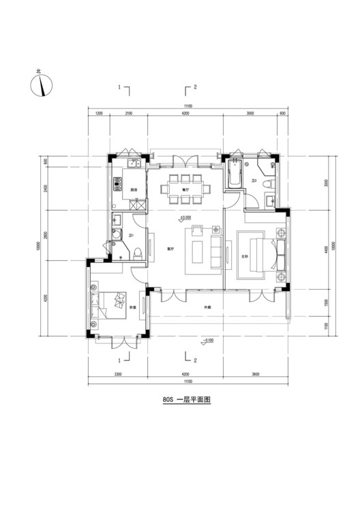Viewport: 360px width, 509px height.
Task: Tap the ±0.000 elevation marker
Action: (x=185, y=219)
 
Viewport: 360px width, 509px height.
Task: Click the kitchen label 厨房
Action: (x=135, y=189)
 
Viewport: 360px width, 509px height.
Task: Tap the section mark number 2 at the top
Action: (x=196, y=87)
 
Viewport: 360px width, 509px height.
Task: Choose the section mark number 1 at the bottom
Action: (x=119, y=360)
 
